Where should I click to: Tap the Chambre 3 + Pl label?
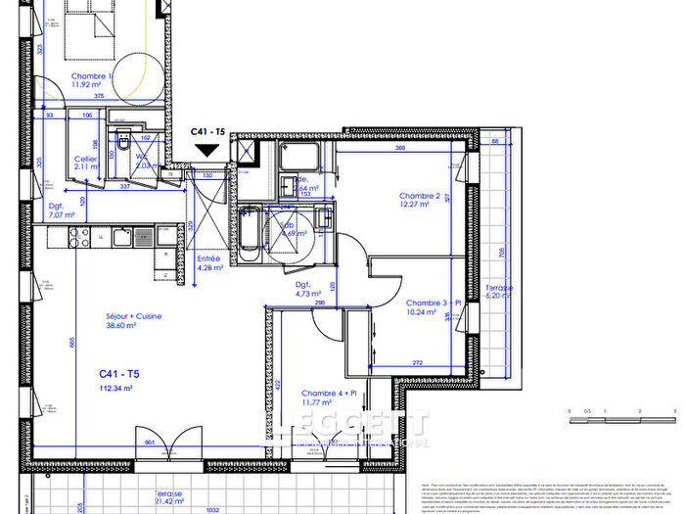tap(428, 303)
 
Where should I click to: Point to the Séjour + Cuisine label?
tap(134, 316)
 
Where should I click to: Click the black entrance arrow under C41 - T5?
tap(206, 150)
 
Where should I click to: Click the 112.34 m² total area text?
tap(115, 388)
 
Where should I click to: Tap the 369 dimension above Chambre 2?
tap(399, 148)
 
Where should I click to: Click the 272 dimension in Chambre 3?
tap(418, 363)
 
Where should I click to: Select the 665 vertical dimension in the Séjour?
tap(71, 342)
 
